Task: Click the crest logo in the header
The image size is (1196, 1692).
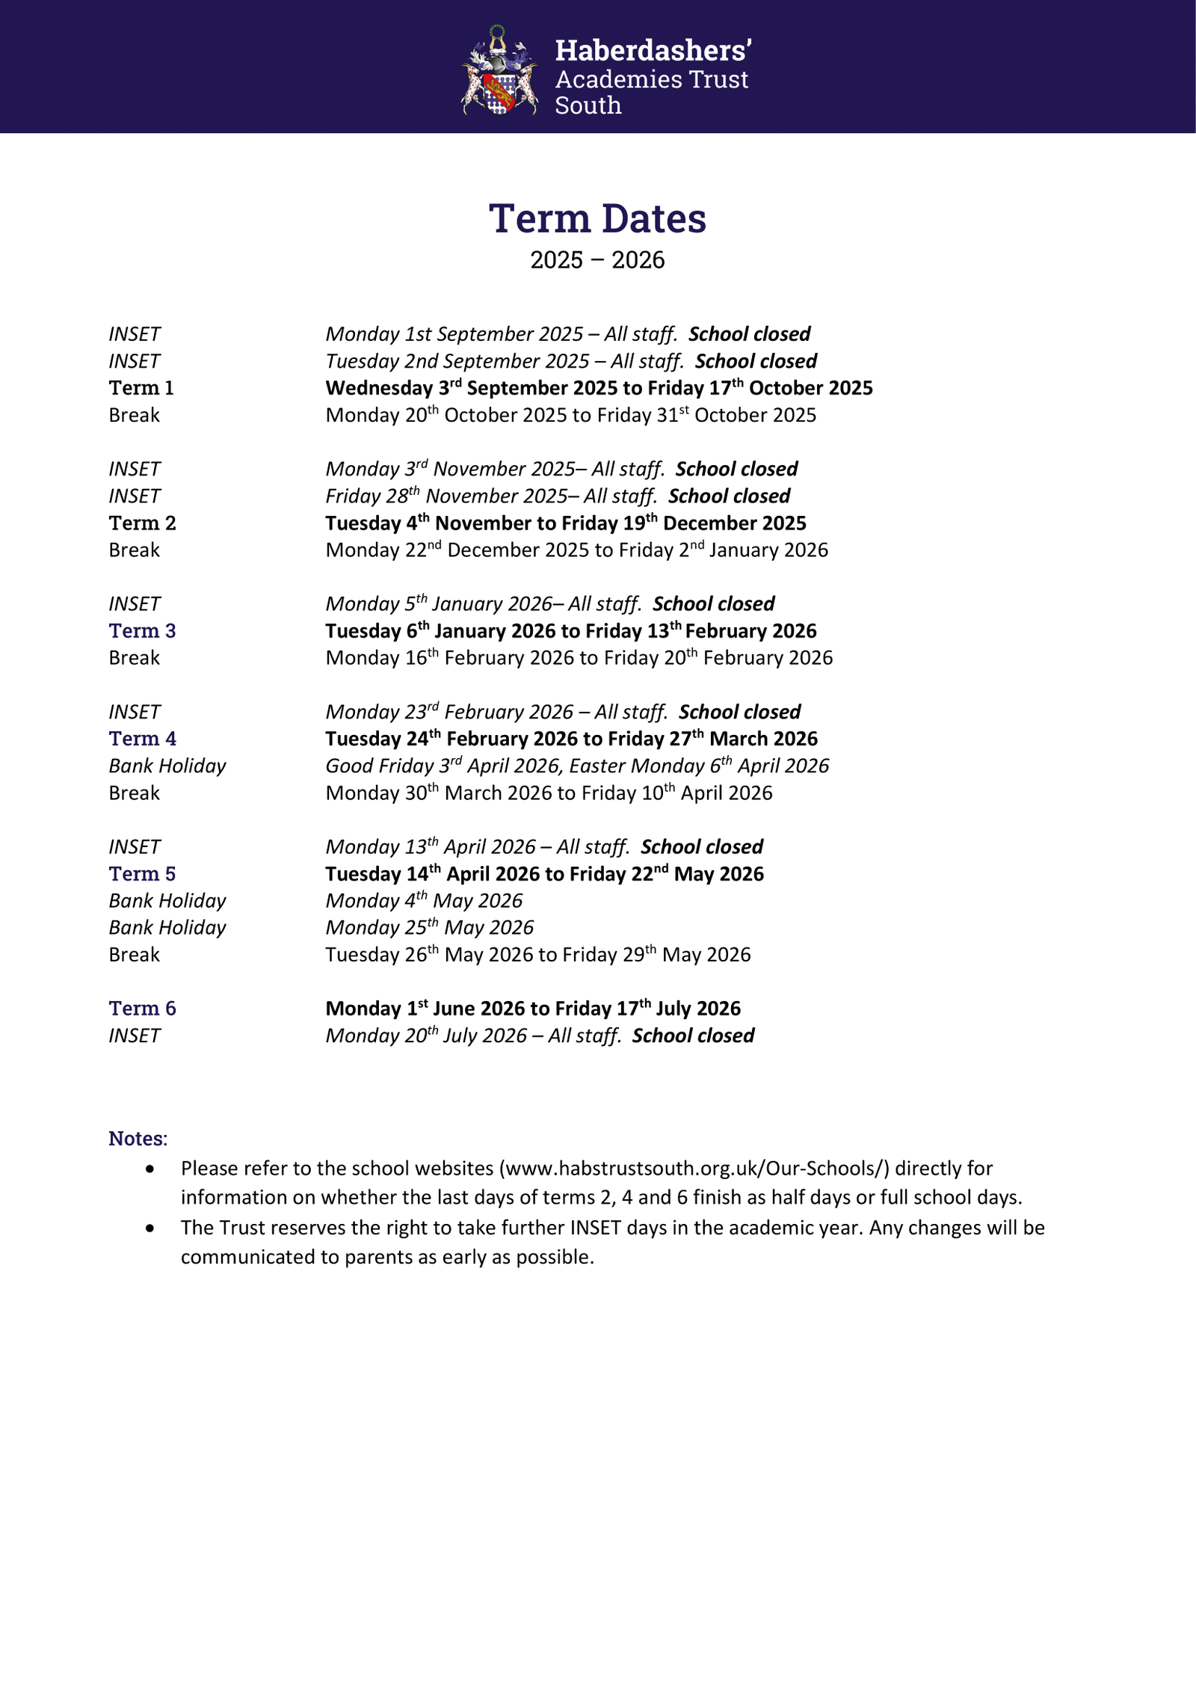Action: point(499,70)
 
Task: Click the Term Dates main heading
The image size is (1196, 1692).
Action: point(597,218)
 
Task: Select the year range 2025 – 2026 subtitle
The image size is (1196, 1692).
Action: point(597,260)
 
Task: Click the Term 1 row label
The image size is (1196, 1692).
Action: point(141,388)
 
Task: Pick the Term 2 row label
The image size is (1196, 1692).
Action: point(142,523)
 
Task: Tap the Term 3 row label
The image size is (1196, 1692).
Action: point(142,631)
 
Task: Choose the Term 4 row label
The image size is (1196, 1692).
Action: point(142,739)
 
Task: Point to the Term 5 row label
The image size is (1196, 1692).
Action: point(142,874)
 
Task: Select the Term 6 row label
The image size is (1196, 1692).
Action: point(142,1009)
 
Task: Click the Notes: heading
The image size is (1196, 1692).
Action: point(138,1139)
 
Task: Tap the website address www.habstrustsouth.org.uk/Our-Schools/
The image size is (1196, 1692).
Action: point(694,1169)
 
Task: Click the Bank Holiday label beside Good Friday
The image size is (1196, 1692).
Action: point(167,766)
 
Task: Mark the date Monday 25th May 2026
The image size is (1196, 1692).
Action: point(430,928)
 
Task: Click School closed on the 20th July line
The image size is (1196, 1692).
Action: point(693,1036)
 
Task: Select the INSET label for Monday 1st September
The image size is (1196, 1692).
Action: point(135,334)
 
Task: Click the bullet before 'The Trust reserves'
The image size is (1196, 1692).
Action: point(151,1228)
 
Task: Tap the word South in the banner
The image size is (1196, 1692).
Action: point(588,105)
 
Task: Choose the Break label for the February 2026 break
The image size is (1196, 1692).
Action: point(135,658)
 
